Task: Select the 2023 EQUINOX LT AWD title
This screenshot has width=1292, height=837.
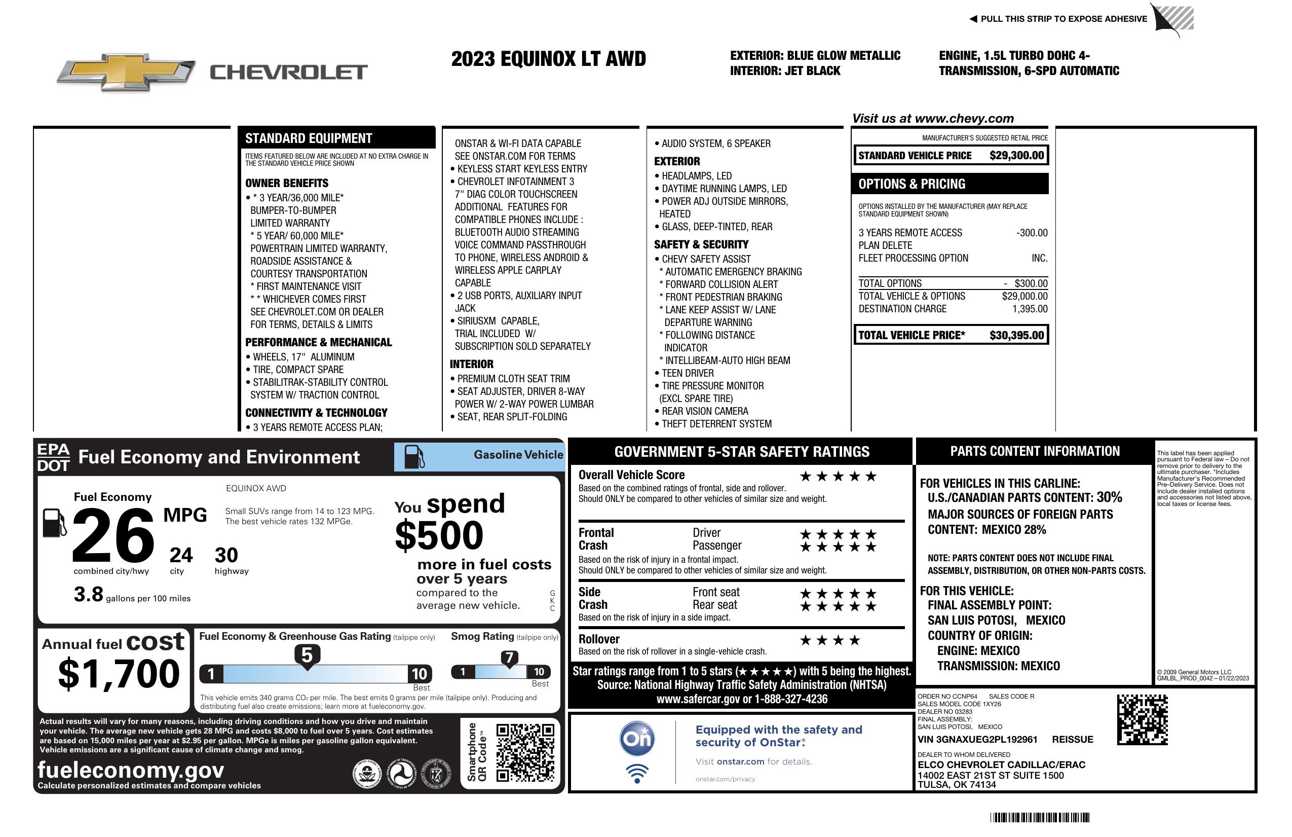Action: [x=548, y=59]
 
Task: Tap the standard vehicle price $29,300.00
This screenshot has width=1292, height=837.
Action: [x=1016, y=155]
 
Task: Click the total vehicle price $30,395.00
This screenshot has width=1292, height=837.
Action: [x=1016, y=335]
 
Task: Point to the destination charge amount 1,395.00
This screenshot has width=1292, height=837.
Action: [x=1030, y=309]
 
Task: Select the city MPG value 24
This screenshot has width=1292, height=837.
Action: [x=181, y=555]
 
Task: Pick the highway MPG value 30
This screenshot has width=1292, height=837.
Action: [x=226, y=555]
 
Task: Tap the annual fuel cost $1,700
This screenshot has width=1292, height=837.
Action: [x=119, y=674]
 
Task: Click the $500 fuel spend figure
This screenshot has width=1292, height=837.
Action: [x=439, y=535]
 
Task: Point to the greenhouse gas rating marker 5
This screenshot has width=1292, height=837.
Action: [x=307, y=656]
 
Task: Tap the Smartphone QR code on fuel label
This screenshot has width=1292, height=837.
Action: [x=525, y=752]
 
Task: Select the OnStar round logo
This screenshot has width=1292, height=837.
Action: [x=637, y=739]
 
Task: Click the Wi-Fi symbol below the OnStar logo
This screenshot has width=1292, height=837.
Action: [x=637, y=773]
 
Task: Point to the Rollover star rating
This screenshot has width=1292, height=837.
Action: [x=830, y=640]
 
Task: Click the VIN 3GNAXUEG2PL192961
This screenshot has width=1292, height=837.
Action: [x=977, y=740]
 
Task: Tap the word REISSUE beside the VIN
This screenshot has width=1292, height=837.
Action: [x=1072, y=740]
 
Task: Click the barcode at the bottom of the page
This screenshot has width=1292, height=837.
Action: [x=1040, y=817]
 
